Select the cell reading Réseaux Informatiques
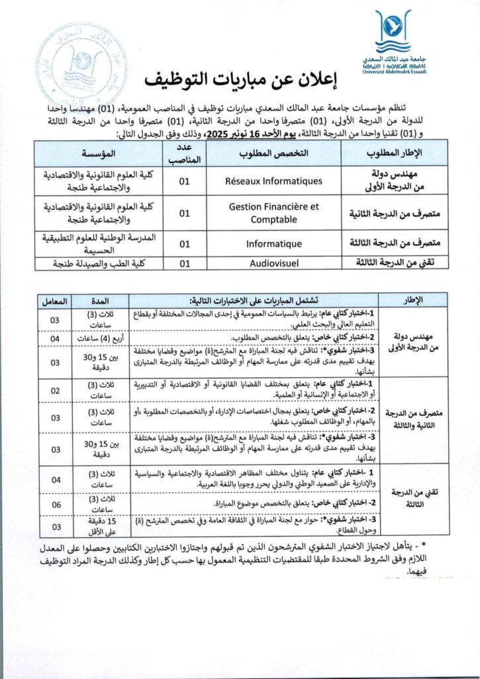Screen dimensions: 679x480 coord(274,180)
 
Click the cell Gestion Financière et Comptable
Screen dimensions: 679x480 coord(274,212)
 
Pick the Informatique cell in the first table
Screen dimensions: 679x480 coord(274,243)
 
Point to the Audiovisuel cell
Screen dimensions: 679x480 coord(274,263)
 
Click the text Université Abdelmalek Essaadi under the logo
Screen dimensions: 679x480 coord(393,71)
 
